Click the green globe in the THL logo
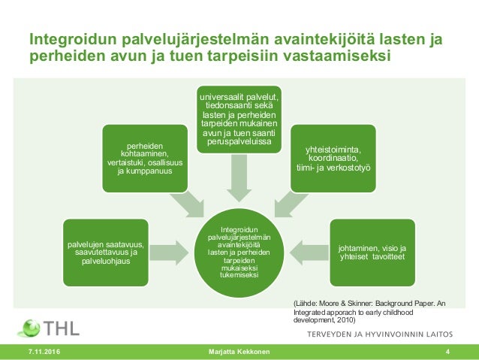click(31, 328)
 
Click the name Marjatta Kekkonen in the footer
click(239, 352)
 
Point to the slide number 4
click(447, 352)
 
